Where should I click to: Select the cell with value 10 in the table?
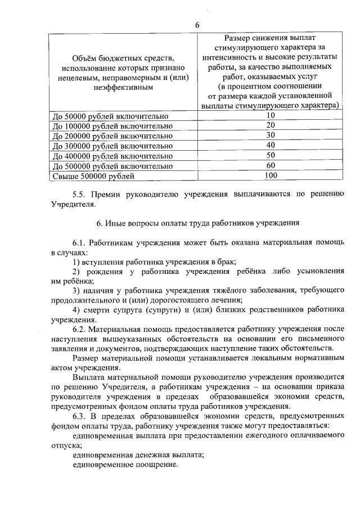[270, 115]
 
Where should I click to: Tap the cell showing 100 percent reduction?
[270, 176]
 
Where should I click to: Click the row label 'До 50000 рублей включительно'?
[110, 116]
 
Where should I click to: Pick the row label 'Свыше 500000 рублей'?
[93, 177]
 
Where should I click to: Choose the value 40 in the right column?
[270, 146]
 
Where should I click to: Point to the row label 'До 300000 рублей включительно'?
[112, 146]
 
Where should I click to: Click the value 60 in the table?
[270, 166]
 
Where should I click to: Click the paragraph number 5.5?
[80, 194]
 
